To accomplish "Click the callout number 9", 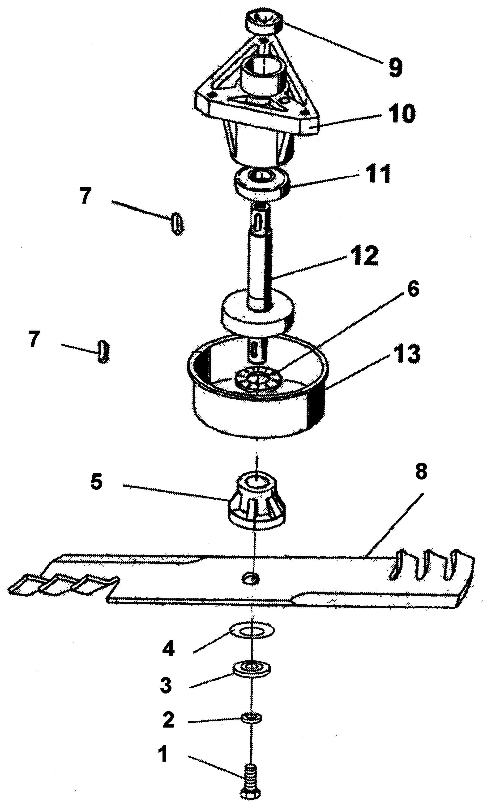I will point(395,68).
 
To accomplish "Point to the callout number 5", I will point(96,482).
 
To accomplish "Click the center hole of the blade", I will point(251,578).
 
